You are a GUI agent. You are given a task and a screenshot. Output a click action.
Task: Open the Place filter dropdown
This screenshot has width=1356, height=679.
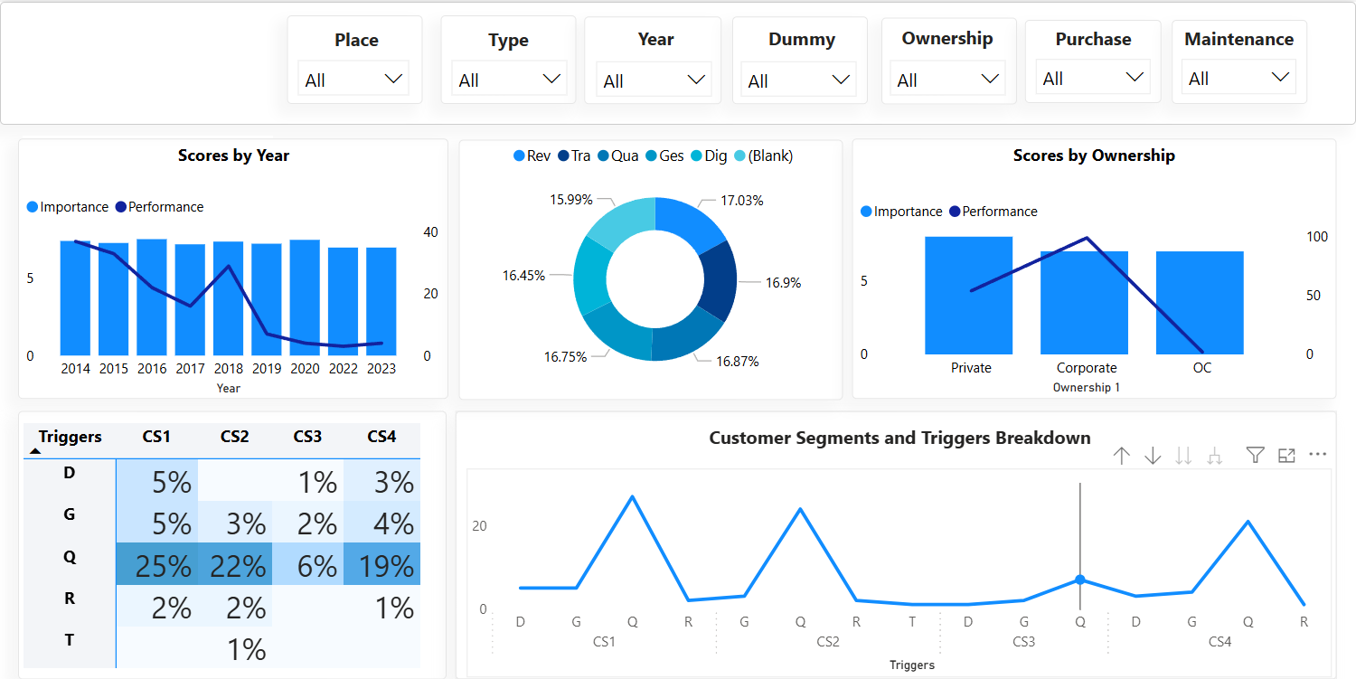point(353,80)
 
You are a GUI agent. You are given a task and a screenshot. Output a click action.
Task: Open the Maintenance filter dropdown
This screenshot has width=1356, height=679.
point(1238,78)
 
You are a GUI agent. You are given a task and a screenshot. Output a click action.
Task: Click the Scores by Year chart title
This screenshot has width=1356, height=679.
point(233,156)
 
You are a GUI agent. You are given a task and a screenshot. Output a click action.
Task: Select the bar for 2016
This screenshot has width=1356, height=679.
point(152,297)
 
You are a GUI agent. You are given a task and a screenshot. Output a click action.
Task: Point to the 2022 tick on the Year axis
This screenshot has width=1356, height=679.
point(343,369)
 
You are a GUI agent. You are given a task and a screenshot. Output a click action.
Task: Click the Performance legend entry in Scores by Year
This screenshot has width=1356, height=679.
point(160,207)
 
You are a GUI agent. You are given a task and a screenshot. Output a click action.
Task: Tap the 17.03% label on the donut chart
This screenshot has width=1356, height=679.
point(741,201)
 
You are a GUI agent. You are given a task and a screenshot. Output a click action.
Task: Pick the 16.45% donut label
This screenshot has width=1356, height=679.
point(524,275)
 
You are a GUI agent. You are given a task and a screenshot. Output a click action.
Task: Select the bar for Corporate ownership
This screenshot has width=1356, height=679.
point(1084,303)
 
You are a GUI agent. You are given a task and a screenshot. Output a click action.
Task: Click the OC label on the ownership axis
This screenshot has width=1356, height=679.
point(1201,368)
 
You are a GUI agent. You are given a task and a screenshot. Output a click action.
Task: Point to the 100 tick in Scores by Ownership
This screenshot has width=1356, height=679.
point(1317,237)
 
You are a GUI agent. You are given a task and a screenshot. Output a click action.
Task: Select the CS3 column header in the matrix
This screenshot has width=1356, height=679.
point(307,437)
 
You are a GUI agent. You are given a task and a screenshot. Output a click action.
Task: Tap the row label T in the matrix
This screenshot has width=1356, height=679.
point(70,640)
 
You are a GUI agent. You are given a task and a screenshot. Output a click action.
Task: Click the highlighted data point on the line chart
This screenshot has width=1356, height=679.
point(1079,580)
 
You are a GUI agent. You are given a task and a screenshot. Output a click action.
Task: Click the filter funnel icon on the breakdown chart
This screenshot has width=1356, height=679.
point(1255,455)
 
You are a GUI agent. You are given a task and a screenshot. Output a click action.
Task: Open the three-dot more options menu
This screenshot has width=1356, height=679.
point(1317,455)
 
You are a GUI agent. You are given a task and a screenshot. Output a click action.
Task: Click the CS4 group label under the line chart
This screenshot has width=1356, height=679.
point(1219,642)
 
